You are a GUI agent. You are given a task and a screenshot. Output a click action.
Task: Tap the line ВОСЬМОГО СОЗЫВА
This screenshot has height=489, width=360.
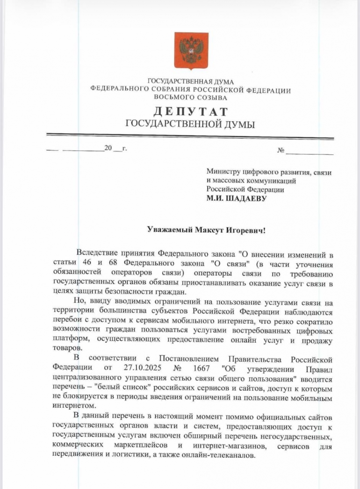tap(190, 98)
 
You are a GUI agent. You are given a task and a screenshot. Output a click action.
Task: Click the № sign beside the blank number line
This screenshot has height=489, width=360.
tap(281, 151)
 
